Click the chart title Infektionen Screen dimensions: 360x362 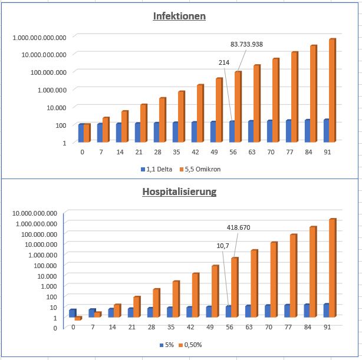tap(179, 16)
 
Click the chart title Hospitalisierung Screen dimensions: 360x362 tap(179, 191)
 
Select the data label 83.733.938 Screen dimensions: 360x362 tap(246, 44)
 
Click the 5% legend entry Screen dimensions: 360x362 tap(167, 345)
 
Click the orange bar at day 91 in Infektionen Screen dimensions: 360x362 tap(332, 91)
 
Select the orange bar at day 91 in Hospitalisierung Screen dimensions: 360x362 tap(332, 269)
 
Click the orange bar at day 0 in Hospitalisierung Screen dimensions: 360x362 tap(78, 319)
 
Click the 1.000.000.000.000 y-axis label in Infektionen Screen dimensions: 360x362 tap(40, 37)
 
